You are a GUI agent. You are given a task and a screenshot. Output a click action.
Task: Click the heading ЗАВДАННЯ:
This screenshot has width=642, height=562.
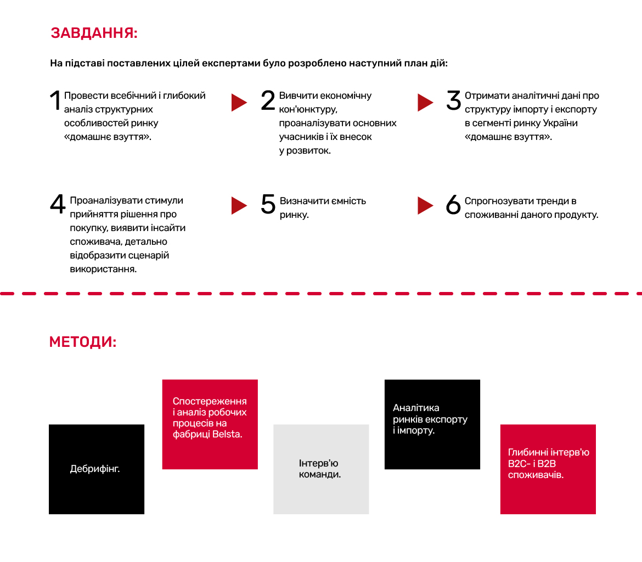click(x=94, y=33)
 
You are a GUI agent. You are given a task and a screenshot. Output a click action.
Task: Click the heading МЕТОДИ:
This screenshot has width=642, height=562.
click(x=83, y=341)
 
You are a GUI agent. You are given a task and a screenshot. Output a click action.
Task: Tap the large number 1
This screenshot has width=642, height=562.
click(x=55, y=100)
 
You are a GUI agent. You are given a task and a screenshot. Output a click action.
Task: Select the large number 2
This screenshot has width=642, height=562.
click(x=268, y=100)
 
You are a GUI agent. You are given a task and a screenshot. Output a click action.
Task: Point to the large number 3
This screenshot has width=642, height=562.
click(x=454, y=100)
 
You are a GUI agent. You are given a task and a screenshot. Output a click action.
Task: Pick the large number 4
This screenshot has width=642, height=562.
click(x=58, y=204)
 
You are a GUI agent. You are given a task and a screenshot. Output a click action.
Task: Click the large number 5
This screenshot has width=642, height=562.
click(x=268, y=204)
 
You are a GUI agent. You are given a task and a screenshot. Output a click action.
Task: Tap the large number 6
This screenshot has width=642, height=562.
click(x=453, y=204)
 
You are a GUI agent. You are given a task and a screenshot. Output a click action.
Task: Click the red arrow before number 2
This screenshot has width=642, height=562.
click(x=239, y=103)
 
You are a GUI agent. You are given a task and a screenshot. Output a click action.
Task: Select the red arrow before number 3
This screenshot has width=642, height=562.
click(x=425, y=103)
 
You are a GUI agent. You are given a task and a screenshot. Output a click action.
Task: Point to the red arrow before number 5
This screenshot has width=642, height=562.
click(x=239, y=206)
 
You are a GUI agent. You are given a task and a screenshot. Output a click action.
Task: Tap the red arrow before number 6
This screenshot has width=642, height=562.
click(x=425, y=206)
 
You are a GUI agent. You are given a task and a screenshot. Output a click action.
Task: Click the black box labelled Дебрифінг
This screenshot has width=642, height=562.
click(x=97, y=469)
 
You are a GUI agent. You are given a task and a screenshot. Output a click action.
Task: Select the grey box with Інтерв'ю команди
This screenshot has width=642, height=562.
click(x=321, y=469)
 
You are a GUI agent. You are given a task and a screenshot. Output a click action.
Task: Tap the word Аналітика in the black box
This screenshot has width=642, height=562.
click(x=416, y=408)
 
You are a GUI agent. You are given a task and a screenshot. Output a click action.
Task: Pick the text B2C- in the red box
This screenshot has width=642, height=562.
click(x=519, y=464)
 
